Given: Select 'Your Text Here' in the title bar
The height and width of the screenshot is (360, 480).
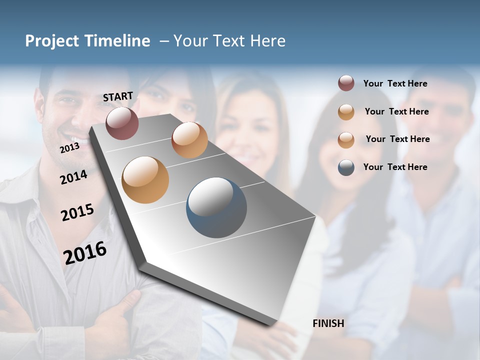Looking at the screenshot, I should point(229,41).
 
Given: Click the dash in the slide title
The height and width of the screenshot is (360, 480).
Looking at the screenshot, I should point(164,41).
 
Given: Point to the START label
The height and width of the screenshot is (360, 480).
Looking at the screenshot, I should point(118,96).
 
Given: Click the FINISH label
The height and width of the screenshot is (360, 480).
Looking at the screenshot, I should point(328,323).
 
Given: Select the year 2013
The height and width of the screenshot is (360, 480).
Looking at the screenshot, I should point(69,148).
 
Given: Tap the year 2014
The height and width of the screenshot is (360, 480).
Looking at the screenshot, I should point(73,177).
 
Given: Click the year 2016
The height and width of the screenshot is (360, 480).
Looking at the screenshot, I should point(85,252).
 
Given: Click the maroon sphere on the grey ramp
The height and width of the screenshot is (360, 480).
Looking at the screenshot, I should point(122,123).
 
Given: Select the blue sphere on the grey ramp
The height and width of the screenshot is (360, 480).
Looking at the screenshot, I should point(216,207).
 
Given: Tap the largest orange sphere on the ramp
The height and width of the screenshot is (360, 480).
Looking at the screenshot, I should point(145,180).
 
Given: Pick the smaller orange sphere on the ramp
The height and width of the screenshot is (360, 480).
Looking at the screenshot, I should point(189,140).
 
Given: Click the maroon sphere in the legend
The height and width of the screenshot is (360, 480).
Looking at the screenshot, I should point(346,83).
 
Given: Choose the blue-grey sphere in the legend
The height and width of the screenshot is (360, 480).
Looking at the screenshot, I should point(346,167).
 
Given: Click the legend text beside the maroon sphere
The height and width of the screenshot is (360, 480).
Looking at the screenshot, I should point(395,83).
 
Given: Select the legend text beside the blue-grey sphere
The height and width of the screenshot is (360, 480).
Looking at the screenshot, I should point(395,167).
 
